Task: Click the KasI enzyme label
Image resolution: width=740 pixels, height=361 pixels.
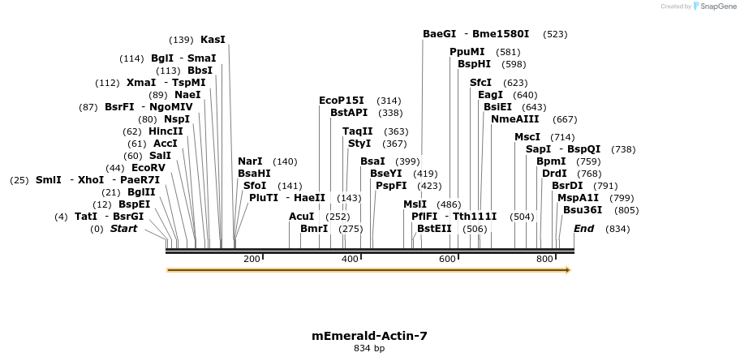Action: tap(213, 39)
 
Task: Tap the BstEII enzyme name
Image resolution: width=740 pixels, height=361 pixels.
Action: tap(434, 229)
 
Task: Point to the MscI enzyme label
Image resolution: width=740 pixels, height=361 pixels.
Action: tap(527, 137)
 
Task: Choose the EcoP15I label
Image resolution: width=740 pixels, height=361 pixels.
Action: tap(342, 101)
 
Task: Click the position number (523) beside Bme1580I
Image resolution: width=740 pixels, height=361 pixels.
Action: tap(555, 34)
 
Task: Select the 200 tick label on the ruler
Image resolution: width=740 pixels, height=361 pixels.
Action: tap(252, 259)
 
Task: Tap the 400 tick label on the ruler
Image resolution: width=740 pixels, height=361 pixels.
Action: tap(350, 259)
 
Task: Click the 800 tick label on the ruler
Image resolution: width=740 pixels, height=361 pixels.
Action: tap(544, 259)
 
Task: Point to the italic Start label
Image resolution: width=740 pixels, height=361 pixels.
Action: tap(123, 229)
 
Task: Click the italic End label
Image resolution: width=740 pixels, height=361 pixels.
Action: tap(583, 229)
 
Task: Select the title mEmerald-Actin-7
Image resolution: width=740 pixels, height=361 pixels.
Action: tap(369, 335)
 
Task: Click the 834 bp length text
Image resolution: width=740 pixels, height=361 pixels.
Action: tap(369, 348)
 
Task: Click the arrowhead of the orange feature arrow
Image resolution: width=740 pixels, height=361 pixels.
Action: tap(567, 270)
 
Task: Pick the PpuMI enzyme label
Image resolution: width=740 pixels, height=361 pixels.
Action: tap(467, 51)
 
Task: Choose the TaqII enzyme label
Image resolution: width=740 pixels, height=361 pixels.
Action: tap(357, 131)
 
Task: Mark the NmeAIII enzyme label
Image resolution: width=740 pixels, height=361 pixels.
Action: tap(515, 118)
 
